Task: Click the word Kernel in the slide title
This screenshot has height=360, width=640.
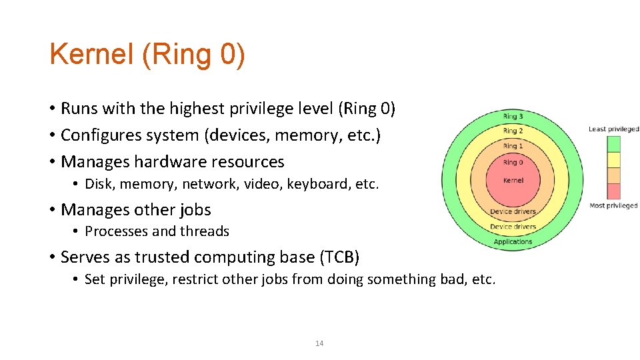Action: [x=91, y=54]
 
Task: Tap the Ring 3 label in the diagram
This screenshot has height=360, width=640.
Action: [x=513, y=117]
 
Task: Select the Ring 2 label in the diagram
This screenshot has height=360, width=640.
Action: [x=513, y=131]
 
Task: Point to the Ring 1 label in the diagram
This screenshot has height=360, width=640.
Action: [x=513, y=146]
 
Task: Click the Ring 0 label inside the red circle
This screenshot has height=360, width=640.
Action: [x=513, y=162]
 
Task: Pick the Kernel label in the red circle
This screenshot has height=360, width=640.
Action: [x=513, y=180]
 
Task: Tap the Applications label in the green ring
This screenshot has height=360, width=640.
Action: [x=513, y=242]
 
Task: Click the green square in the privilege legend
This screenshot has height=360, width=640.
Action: [x=613, y=144]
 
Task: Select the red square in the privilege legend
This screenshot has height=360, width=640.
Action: [x=613, y=191]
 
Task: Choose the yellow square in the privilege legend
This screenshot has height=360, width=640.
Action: [x=613, y=160]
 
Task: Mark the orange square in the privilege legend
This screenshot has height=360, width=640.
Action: [x=613, y=175]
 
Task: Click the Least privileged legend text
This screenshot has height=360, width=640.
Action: [x=613, y=129]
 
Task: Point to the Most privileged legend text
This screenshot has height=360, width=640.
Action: [x=613, y=206]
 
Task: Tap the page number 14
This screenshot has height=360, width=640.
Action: [x=319, y=343]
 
